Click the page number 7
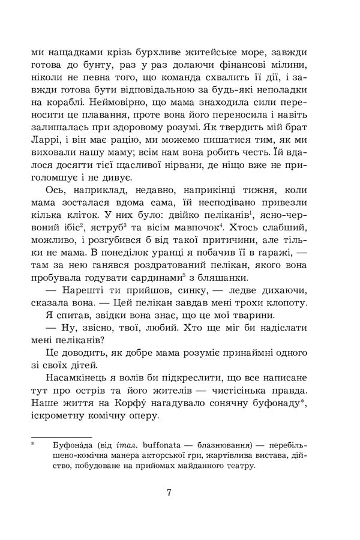pos(170,494)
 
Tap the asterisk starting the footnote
pos(34,445)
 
